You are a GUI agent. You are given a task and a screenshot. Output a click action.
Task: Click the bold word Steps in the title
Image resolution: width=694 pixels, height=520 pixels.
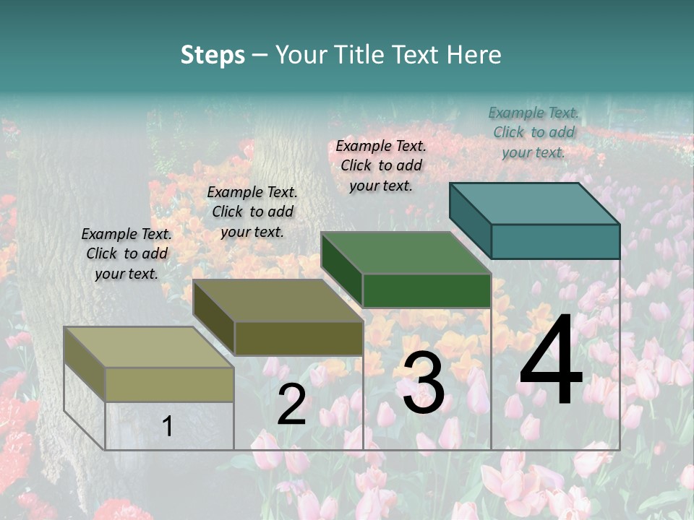[213, 55]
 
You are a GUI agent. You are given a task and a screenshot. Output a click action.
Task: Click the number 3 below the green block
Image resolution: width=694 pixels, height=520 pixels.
[424, 383]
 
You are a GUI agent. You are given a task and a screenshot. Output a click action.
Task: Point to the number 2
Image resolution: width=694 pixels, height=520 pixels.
[291, 404]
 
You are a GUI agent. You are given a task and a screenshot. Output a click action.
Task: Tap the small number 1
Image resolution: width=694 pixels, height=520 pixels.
[168, 426]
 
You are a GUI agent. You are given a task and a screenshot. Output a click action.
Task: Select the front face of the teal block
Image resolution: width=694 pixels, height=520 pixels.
[555, 241]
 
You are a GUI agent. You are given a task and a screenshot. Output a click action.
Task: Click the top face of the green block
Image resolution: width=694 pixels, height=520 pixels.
[406, 253]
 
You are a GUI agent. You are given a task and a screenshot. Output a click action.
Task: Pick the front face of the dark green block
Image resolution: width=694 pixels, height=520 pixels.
[427, 290]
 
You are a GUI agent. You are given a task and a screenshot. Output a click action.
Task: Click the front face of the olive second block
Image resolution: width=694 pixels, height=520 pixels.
[298, 338]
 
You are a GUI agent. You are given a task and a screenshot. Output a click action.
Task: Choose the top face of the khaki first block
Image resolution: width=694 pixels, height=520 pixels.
[148, 347]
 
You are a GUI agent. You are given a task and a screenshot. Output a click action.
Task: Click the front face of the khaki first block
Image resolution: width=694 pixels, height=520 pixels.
[169, 384]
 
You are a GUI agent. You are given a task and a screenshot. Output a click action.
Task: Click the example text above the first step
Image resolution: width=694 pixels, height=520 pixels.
[127, 253]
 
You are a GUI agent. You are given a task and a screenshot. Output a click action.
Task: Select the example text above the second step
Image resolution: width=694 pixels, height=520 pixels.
[252, 212]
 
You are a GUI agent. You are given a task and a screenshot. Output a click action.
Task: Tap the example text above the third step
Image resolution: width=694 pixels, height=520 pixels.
[381, 165]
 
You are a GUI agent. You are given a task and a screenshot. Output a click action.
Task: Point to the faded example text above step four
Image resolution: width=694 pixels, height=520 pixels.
[534, 132]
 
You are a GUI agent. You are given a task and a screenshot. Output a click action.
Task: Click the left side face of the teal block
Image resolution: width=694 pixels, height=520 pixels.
[470, 220]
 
